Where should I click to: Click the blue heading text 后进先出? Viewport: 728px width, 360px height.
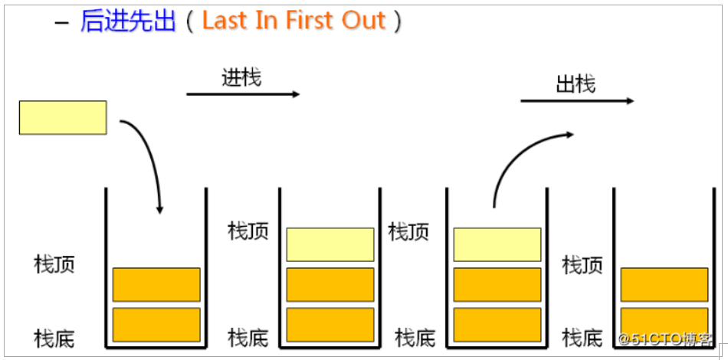128,21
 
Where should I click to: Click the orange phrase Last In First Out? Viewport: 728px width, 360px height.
293,21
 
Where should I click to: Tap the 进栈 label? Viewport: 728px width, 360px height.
241,77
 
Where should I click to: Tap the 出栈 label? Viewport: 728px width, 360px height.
576,83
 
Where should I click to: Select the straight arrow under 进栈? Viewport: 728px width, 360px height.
243,94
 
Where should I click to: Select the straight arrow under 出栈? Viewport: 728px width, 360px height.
577,100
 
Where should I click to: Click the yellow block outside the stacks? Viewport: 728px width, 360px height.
63,117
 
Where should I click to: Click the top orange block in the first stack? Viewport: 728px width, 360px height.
156,284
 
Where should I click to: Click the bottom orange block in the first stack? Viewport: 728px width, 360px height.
156,324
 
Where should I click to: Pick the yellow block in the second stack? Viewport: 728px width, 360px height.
330,244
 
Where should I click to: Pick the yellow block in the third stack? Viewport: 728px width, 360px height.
497,244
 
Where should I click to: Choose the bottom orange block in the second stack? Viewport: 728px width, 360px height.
330,324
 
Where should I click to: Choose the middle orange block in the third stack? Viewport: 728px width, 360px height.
497,284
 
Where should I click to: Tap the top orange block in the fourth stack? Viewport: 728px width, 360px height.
664,284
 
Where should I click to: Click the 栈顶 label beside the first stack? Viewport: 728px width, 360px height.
54,265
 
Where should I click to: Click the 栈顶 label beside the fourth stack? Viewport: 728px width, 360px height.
582,265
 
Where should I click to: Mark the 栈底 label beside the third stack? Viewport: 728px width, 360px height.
415,337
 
